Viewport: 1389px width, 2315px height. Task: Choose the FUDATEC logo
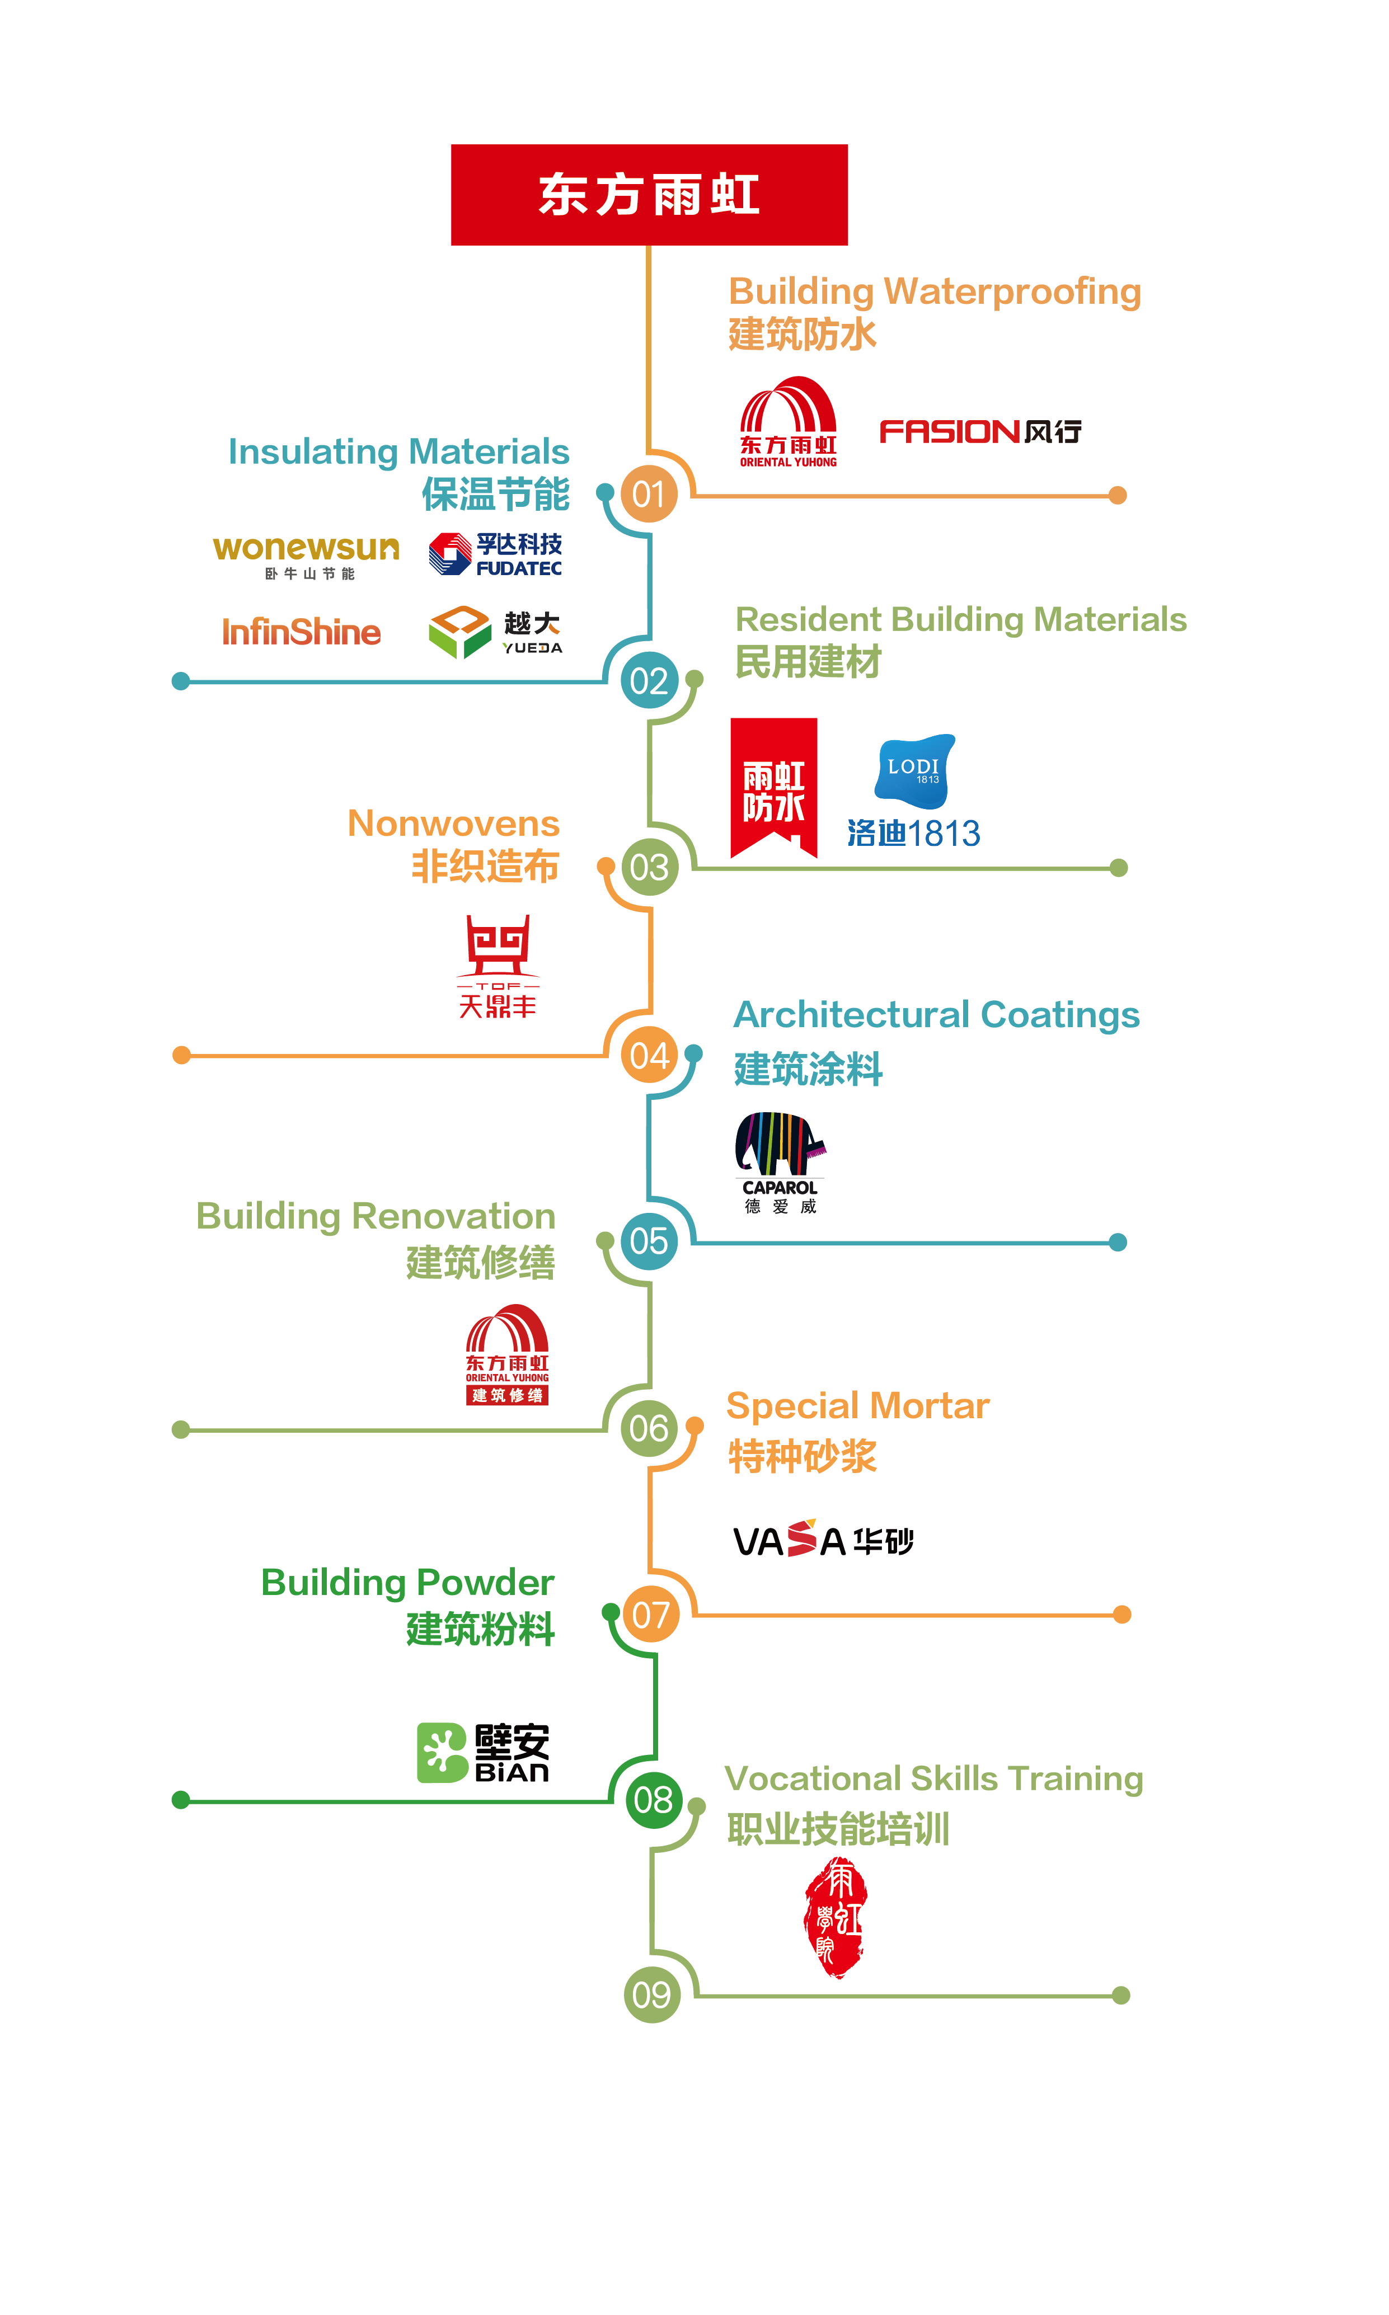(x=495, y=554)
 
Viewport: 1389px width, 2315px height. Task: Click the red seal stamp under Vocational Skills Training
(x=836, y=1916)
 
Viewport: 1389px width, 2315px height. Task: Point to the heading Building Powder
(x=407, y=1582)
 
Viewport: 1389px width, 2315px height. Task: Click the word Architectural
(x=851, y=1014)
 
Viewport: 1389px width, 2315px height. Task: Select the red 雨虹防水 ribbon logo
(x=773, y=788)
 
